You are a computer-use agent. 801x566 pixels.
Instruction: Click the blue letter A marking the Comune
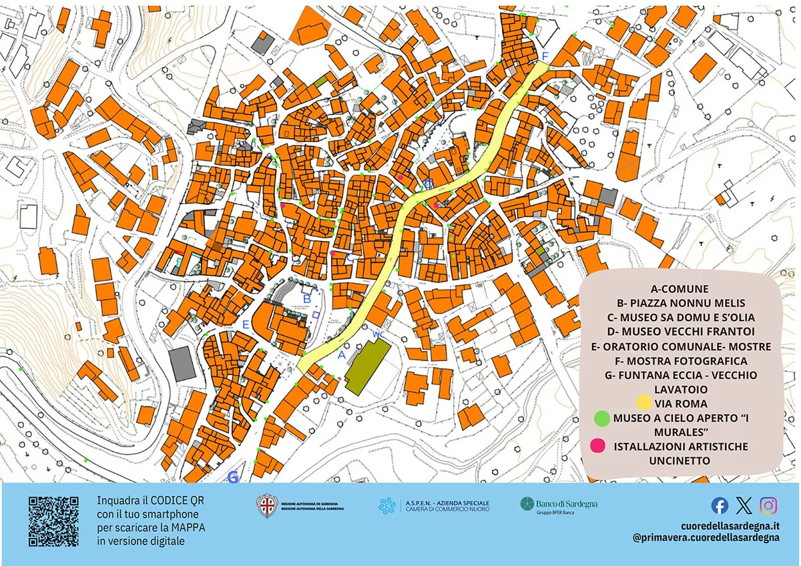tap(341, 355)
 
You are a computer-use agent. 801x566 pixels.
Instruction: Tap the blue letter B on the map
tap(306, 299)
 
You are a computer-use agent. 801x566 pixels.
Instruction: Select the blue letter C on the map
tap(349, 257)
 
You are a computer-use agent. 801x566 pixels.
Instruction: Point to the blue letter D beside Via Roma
tap(429, 184)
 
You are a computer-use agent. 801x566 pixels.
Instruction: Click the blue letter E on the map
tap(246, 325)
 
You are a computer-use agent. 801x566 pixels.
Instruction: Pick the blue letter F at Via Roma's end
tap(545, 55)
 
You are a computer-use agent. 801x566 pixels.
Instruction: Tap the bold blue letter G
tap(233, 477)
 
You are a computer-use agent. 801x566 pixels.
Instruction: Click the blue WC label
tap(378, 333)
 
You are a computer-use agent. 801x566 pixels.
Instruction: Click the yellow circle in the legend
tap(643, 402)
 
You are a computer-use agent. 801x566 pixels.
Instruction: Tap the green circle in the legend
tap(602, 418)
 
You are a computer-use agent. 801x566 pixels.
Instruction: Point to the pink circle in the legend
tap(598, 446)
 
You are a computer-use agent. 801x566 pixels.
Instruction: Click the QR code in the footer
tap(53, 521)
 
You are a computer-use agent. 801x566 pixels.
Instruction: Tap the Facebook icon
tap(720, 505)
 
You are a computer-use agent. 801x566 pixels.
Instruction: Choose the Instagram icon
tap(768, 505)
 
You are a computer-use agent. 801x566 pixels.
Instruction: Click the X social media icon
tap(744, 505)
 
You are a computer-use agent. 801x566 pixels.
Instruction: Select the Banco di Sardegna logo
tap(559, 505)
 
